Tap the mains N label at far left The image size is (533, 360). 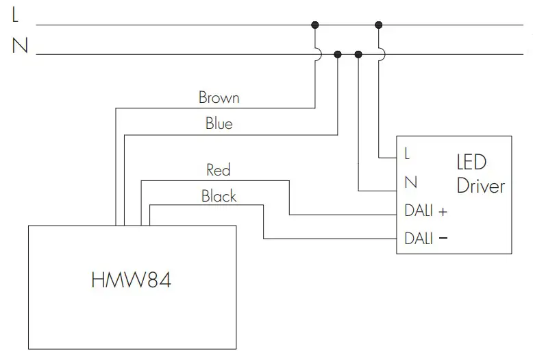(19, 47)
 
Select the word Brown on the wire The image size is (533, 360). (219, 97)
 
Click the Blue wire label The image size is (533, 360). (219, 124)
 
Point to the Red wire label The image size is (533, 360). (219, 169)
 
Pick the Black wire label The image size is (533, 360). (219, 197)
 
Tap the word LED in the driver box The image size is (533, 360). (471, 163)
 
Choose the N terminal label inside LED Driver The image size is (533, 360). (411, 183)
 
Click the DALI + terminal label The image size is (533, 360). (425, 211)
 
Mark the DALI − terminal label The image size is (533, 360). (425, 239)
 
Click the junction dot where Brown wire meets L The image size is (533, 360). (315, 25)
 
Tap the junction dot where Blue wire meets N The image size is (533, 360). (337, 54)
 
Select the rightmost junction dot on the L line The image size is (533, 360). (379, 25)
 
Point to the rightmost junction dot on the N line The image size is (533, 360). (358, 54)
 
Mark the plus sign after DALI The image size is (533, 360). (443, 212)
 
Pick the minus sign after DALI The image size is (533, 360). (443, 239)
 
